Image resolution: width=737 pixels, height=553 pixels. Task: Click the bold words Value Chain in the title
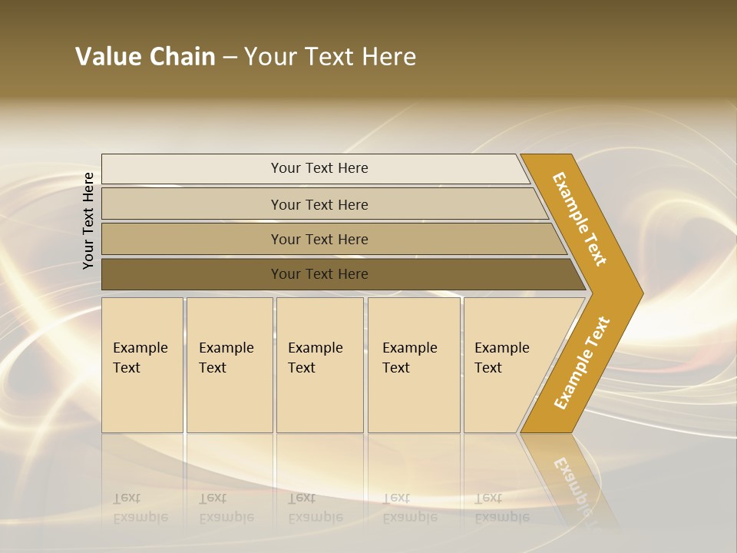145,57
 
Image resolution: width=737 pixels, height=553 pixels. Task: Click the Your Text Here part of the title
330,57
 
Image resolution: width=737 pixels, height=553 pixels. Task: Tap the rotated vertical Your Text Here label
88,220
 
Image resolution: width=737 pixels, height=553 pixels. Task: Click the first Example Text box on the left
142,365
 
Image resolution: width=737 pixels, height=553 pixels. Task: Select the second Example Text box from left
229,365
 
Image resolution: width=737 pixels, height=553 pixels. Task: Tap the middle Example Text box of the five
319,365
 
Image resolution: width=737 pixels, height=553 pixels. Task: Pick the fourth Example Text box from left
413,365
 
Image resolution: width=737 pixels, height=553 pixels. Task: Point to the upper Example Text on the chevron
580,219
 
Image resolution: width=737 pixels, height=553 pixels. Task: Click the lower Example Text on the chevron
581,363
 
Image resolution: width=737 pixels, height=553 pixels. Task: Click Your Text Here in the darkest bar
319,274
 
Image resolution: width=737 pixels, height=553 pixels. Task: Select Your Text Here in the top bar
319,168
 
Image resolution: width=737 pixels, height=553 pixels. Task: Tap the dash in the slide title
230,58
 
